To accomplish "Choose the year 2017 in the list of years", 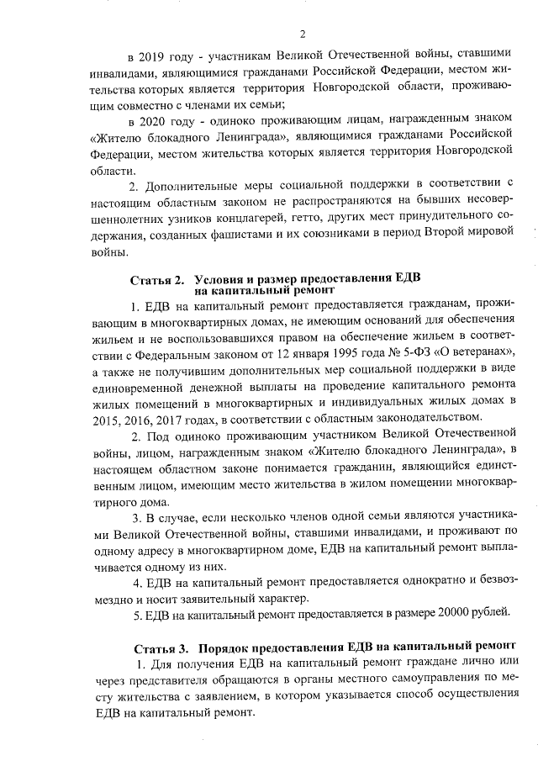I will coord(168,419).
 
